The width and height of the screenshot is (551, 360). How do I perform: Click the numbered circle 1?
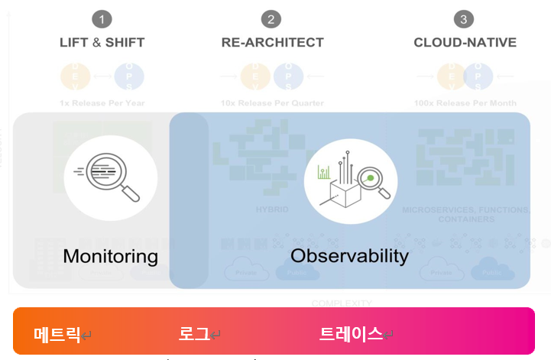102,19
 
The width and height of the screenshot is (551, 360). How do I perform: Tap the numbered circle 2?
271,19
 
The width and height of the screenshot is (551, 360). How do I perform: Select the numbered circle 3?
464,19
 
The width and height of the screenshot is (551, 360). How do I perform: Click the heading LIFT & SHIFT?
102,43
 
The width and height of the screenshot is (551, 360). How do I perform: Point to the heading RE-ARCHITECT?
272,43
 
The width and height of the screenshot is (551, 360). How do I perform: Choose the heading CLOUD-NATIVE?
465,43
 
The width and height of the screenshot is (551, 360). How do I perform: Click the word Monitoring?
110,256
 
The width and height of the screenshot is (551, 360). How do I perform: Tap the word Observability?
349,255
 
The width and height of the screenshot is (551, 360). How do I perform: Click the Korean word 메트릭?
57,334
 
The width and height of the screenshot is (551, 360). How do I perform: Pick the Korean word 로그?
194,334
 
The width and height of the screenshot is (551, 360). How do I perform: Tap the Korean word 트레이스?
351,334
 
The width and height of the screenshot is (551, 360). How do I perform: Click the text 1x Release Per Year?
102,103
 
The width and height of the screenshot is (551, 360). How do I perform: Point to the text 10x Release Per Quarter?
272,103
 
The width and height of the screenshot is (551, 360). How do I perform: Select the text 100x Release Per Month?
465,103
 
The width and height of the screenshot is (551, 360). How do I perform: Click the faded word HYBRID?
272,209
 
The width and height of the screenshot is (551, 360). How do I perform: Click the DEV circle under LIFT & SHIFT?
74,76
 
